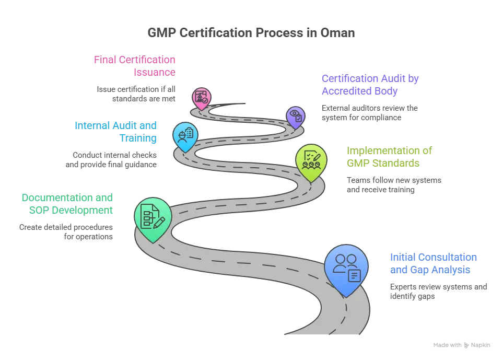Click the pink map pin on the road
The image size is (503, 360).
tap(201, 97)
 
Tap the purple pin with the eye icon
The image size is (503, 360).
tap(295, 116)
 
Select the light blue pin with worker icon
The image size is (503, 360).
tap(185, 134)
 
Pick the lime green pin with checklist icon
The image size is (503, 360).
tap(311, 160)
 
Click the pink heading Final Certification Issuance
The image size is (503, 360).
tap(134, 66)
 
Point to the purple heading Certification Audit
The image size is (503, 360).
tap(371, 85)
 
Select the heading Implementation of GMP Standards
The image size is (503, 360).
tap(391, 156)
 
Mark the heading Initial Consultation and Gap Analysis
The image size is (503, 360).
tap(434, 264)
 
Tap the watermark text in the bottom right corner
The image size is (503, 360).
tap(462, 346)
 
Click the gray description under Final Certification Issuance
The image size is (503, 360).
tap(135, 93)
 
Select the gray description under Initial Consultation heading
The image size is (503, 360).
tap(439, 291)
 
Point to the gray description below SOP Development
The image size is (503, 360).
tap(65, 232)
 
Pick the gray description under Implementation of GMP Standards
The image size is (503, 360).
tap(394, 184)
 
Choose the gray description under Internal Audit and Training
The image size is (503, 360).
tap(114, 159)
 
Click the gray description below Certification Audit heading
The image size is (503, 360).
tap(369, 112)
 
